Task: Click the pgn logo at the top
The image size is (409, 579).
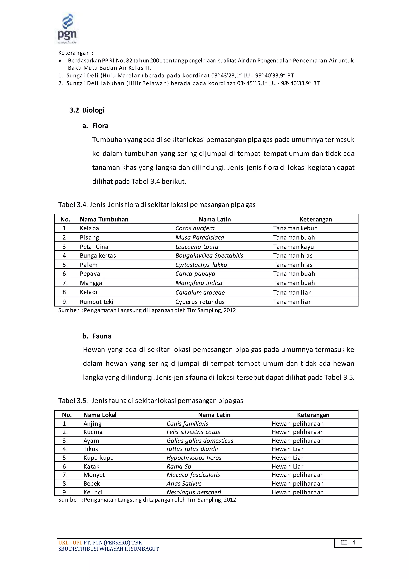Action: tap(67, 28)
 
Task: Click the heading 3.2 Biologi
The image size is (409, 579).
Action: tap(87, 110)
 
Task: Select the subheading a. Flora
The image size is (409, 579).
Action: tap(95, 126)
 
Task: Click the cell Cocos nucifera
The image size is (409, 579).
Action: tap(195, 228)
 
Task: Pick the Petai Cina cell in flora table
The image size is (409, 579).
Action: tap(94, 247)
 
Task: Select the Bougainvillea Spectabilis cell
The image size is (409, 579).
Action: tap(209, 256)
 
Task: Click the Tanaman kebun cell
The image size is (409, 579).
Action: tap(295, 228)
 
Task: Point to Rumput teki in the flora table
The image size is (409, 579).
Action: tap(96, 302)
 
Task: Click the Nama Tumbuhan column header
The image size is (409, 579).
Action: tap(104, 219)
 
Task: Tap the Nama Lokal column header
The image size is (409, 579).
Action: tap(100, 415)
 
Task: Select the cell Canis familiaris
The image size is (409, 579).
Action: tap(187, 424)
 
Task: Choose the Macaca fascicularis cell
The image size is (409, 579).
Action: tap(193, 475)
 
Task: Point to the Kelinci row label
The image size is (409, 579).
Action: tap(93, 492)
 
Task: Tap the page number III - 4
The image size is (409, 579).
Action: tap(348, 542)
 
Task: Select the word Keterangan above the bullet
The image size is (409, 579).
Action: tap(74, 53)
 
